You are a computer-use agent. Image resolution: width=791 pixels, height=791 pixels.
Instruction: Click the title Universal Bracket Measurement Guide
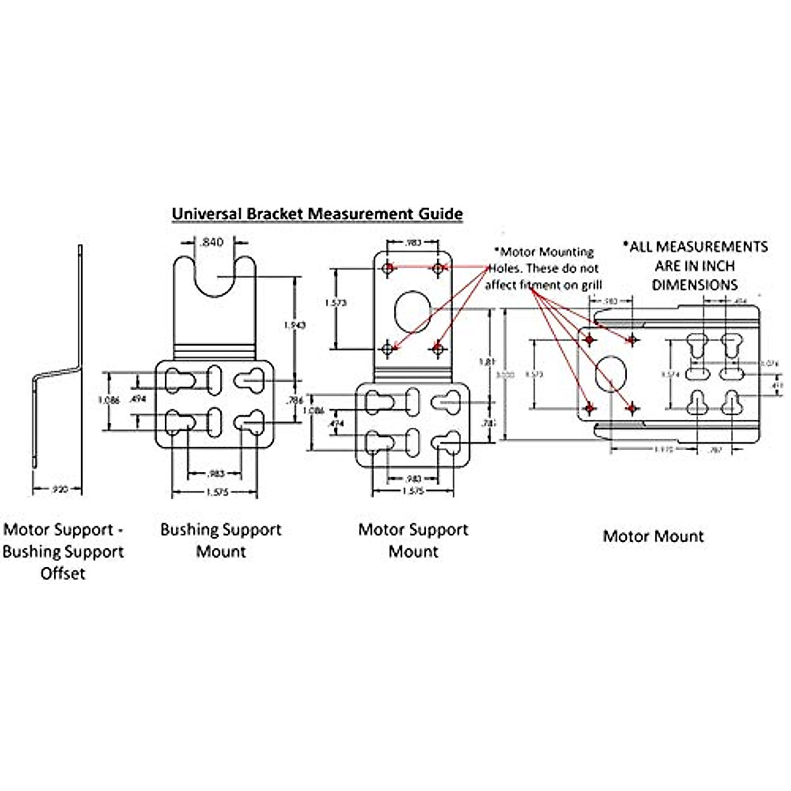[x=317, y=214]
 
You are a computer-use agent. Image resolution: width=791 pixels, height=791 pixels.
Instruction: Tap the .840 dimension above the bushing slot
[x=212, y=243]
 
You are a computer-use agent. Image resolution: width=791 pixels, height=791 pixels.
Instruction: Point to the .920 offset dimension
[x=59, y=489]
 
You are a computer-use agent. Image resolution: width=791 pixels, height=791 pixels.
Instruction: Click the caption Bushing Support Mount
[x=221, y=541]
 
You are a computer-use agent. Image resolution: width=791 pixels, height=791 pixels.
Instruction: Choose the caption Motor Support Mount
[x=413, y=541]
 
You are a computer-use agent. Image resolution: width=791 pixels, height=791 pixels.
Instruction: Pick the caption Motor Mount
[x=653, y=536]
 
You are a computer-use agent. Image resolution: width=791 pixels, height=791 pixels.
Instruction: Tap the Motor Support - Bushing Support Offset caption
[x=63, y=551]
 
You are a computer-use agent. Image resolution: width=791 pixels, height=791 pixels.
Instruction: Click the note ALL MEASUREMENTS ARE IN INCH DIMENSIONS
[x=695, y=266]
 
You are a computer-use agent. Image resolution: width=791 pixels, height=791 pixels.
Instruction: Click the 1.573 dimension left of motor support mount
[x=336, y=303]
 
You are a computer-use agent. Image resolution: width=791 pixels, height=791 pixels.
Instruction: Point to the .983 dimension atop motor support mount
[x=413, y=243]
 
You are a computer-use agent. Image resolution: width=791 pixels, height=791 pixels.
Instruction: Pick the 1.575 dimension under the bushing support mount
[x=213, y=492]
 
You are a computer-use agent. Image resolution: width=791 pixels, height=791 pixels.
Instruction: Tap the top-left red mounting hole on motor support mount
[x=389, y=268]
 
